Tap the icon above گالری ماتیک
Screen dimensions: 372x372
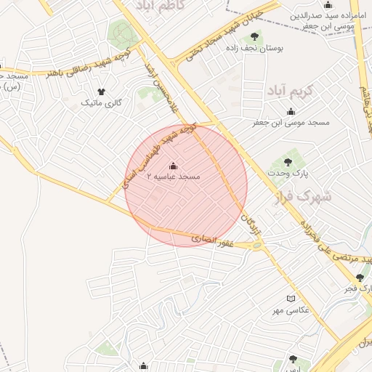[x=100, y=92]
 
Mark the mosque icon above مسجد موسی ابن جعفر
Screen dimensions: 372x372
[x=291, y=111]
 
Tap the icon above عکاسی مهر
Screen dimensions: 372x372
[x=291, y=299]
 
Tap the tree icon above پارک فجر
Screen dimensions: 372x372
[x=360, y=277]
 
